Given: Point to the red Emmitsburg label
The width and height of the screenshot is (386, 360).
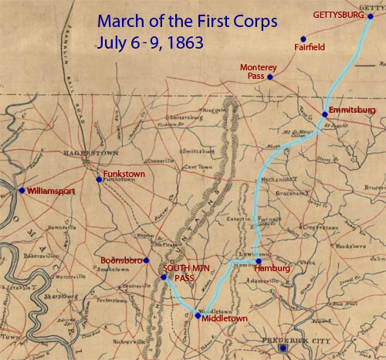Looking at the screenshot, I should click(x=351, y=111).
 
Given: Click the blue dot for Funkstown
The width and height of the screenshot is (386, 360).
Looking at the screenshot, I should click(x=99, y=180).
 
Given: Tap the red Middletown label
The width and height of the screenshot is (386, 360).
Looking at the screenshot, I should click(x=225, y=317).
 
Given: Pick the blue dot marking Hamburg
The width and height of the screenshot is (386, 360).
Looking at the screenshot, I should click(x=259, y=260).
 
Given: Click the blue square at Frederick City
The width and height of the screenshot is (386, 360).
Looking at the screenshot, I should click(x=283, y=349).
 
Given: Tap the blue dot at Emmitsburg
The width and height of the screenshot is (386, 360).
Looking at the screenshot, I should click(x=324, y=114).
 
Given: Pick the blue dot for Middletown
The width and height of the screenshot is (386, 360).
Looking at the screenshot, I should click(x=198, y=315).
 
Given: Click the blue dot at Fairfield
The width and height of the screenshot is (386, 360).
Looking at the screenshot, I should click(x=303, y=38).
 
